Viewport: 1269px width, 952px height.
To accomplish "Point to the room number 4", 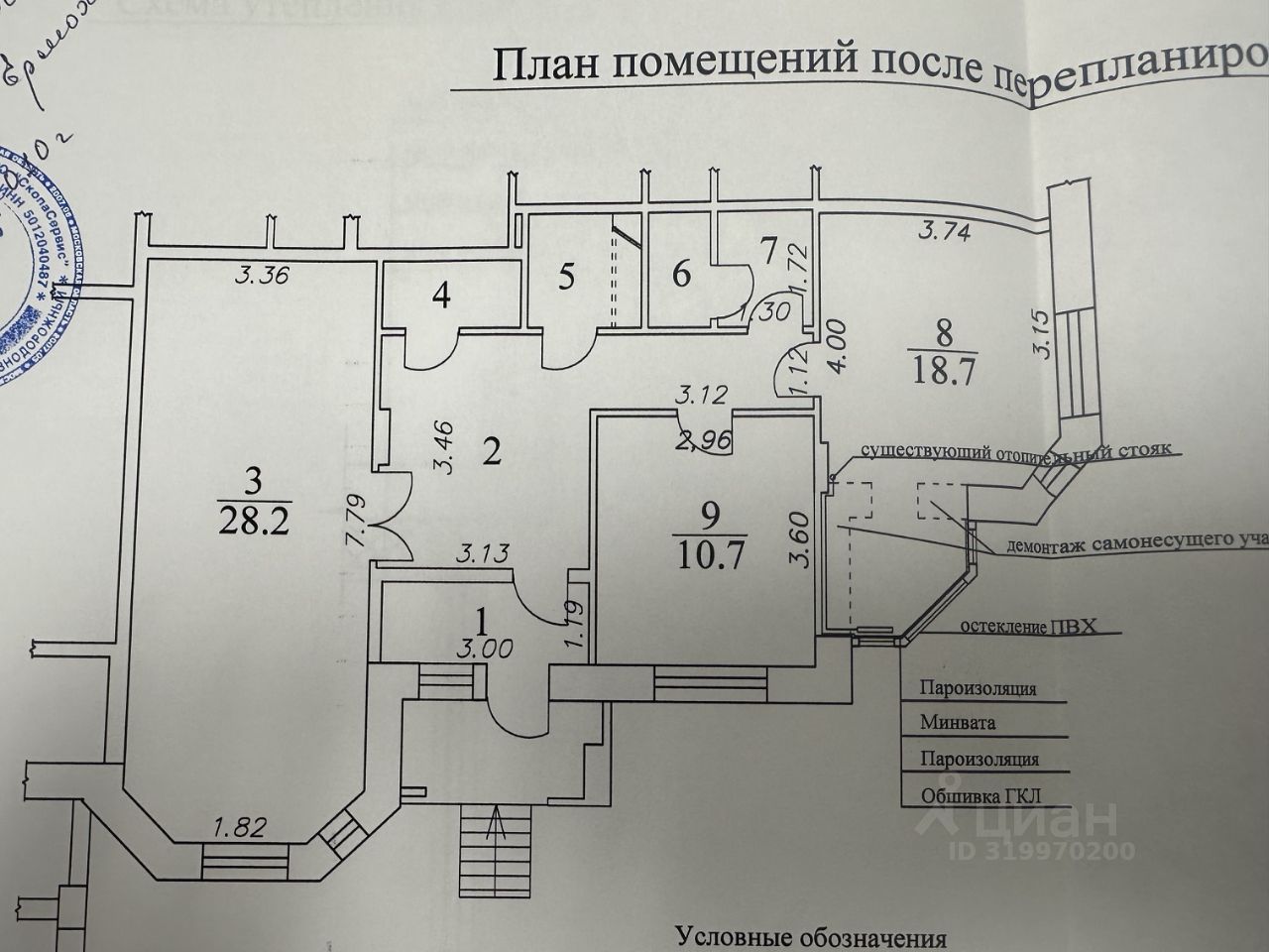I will pos(441,296).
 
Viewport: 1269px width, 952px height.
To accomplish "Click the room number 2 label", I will pos(491,452).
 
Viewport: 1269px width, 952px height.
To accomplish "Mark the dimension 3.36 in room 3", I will pos(262,277).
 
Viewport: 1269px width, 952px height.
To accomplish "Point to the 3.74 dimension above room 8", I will pos(942,233).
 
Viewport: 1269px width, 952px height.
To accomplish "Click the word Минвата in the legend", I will pos(957,723).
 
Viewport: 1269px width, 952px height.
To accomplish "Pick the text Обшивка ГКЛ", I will pos(981,795).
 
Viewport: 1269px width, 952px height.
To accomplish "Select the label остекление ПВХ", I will pos(1031,628).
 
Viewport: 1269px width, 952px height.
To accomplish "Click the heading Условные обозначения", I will pos(811,937).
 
